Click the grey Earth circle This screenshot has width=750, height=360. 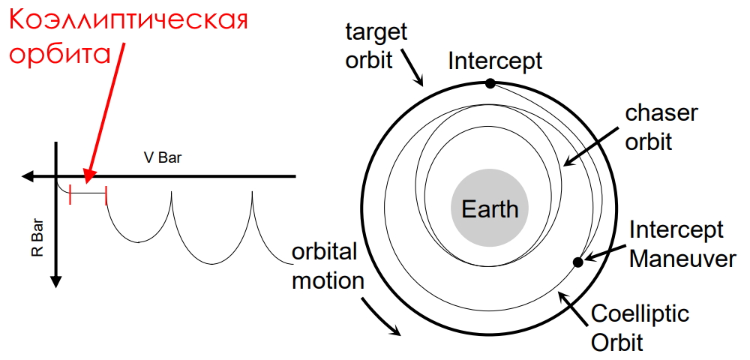[490, 208]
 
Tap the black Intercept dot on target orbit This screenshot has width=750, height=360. [490, 83]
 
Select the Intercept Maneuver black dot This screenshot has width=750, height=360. [577, 262]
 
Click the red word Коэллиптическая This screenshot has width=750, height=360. [129, 20]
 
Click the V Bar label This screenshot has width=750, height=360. [163, 157]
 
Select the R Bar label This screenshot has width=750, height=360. [37, 237]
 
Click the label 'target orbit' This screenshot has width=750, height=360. [376, 46]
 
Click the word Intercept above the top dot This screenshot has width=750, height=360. [496, 61]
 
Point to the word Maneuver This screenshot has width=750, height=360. [682, 259]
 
